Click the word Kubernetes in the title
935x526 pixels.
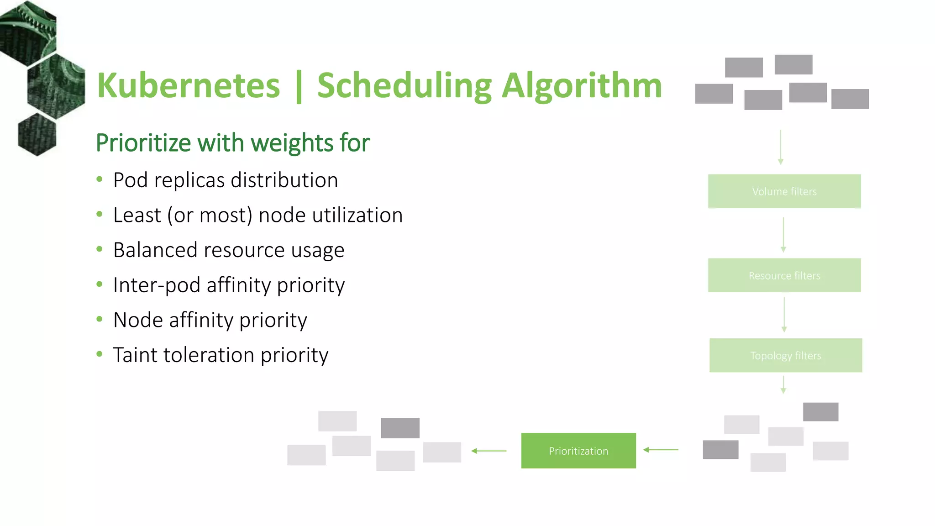[x=188, y=85]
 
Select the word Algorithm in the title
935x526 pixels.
[x=582, y=85]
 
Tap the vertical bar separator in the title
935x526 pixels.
[x=299, y=86]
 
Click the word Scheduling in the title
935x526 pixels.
[x=404, y=85]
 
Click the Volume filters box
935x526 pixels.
[x=784, y=191]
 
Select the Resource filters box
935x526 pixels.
[x=784, y=275]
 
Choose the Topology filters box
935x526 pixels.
[x=785, y=355]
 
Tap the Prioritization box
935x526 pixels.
[x=578, y=451]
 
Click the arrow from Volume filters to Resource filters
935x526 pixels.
[x=783, y=235]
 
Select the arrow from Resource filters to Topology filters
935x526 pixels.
[x=784, y=315]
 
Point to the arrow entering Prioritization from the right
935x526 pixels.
[x=661, y=450]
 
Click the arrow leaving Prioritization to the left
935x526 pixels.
[x=489, y=451]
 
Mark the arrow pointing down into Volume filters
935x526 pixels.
[x=781, y=147]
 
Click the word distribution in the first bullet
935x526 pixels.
[x=284, y=180]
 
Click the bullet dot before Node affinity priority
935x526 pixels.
[x=100, y=320]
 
